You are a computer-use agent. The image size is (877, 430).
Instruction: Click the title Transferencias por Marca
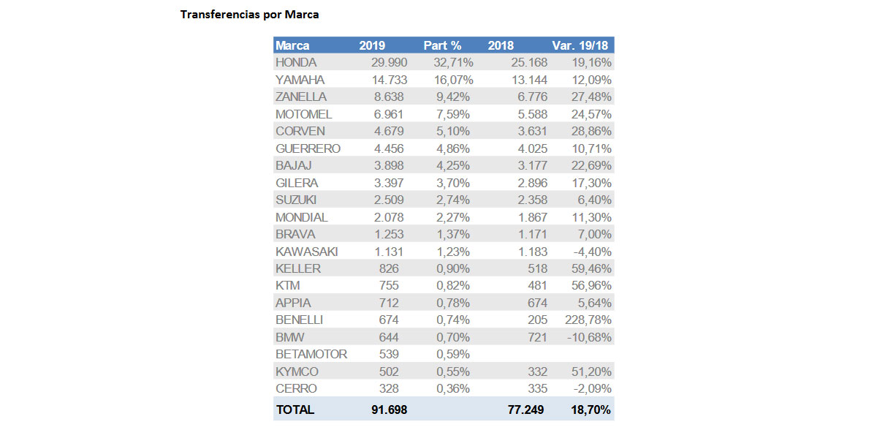point(249,14)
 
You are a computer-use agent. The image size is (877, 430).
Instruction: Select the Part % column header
point(442,45)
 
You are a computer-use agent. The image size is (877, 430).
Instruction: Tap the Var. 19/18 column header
point(582,45)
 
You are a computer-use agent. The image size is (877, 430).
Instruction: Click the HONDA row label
point(296,63)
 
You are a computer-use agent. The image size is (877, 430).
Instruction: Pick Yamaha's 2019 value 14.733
point(388,80)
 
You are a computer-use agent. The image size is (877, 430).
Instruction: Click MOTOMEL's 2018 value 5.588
point(527,114)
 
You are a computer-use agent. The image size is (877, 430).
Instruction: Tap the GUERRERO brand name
point(308,148)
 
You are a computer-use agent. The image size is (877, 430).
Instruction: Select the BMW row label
point(290,337)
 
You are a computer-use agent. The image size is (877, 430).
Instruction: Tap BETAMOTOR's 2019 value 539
point(395,354)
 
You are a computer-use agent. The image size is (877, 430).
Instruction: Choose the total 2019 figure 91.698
point(388,410)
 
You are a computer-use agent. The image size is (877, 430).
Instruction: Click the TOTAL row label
point(295,410)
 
